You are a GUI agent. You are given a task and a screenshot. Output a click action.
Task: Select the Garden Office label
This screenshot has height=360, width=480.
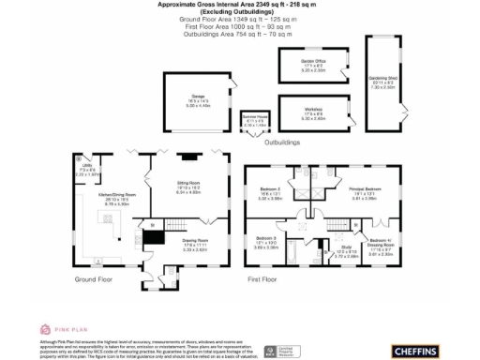300,65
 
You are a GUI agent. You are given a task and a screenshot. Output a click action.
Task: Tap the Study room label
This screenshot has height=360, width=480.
345,248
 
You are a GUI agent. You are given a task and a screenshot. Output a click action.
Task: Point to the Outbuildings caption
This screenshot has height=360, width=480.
282,142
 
